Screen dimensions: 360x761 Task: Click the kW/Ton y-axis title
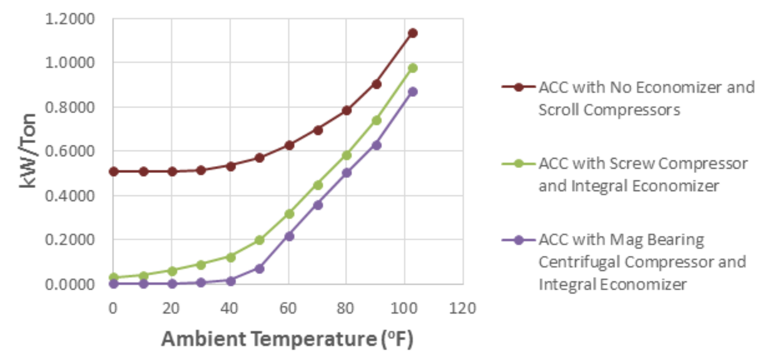[28, 151]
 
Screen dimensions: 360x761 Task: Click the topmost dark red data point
[413, 33]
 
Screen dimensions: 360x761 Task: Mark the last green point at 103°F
[413, 68]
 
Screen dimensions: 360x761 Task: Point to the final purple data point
[413, 92]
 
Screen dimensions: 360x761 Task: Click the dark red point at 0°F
[114, 172]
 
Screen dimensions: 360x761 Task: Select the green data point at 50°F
[259, 240]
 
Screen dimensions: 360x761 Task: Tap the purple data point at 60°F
[289, 236]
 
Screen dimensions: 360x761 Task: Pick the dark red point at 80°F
[347, 110]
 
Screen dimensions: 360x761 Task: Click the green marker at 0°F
[114, 277]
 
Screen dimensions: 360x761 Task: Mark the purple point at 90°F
[376, 145]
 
